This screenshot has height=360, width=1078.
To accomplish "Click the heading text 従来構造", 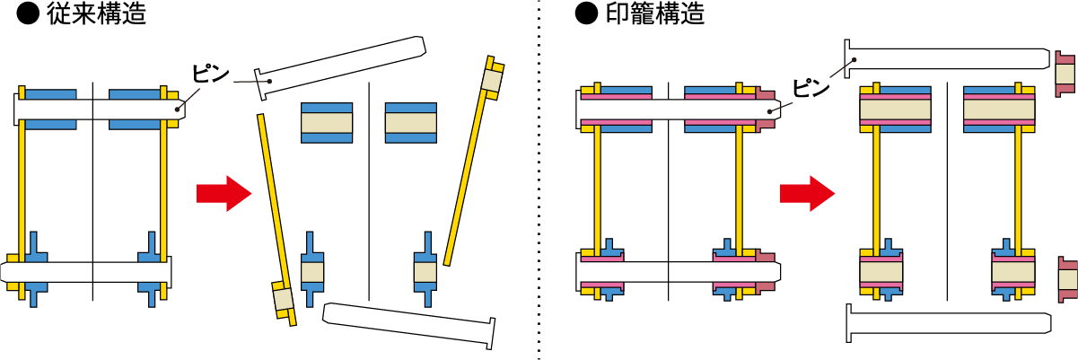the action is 96,13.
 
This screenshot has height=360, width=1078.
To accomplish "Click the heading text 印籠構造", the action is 655,13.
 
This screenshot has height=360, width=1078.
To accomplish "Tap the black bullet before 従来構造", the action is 28,13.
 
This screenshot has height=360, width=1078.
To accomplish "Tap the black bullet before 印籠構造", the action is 586,13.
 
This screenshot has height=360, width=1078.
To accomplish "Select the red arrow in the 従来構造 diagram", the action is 223,194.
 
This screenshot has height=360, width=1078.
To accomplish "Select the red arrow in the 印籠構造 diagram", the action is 807,194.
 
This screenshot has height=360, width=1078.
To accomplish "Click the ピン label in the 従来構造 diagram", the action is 210,73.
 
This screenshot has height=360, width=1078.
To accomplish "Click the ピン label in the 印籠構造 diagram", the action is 811,88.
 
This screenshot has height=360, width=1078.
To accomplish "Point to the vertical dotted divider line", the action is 539,180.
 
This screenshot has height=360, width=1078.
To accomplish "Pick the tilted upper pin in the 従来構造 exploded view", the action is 340,67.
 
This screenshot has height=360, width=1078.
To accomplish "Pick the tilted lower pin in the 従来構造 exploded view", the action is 409,325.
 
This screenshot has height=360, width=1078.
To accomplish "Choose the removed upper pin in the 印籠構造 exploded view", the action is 947,58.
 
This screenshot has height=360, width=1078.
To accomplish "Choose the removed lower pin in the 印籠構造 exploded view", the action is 948,323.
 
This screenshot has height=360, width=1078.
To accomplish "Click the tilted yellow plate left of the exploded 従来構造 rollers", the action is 277,221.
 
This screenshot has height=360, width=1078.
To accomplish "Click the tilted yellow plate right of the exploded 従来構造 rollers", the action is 474,161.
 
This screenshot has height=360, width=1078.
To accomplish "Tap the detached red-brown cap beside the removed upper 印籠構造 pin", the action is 1065,74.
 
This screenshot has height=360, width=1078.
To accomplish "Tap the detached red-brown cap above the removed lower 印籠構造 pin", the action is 1068,279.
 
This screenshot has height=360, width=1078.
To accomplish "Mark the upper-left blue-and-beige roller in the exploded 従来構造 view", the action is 327,123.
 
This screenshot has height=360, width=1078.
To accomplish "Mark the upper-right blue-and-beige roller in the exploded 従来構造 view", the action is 411,123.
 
